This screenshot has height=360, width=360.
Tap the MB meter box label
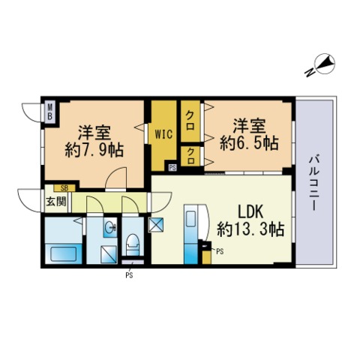[x=50, y=112]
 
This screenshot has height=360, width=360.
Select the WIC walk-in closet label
[x=163, y=134]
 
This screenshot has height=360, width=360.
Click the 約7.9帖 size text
[x=94, y=150]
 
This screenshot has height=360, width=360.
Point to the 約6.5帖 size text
[x=249, y=143]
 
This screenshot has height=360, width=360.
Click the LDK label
[x=250, y=212]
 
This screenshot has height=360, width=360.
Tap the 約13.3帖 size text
[x=250, y=229]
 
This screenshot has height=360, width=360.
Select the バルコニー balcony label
[x=313, y=183]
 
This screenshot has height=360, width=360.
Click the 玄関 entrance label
[x=56, y=202]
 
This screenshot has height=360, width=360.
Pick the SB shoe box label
[x=64, y=188]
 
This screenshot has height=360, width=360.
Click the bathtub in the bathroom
[x=64, y=253]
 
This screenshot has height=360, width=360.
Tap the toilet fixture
[x=133, y=244]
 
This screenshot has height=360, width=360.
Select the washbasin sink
[x=110, y=227]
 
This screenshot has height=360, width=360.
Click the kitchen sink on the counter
[x=190, y=218]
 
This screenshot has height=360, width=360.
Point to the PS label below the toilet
[x=129, y=275]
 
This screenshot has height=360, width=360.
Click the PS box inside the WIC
[x=172, y=167]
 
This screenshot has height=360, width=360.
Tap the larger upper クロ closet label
[x=190, y=121]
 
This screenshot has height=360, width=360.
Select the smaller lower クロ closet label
[x=190, y=156]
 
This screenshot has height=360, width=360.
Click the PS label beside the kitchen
[x=220, y=251]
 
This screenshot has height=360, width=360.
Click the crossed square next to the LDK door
[x=156, y=225]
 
